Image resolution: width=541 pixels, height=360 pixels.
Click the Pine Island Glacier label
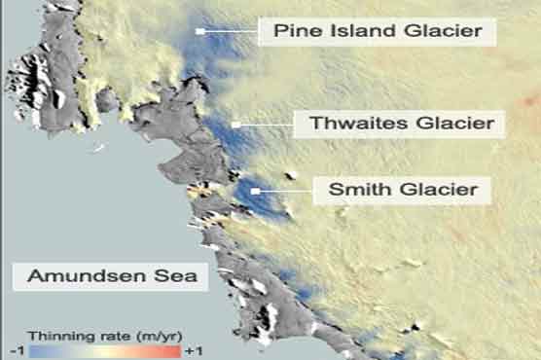pos(378,32)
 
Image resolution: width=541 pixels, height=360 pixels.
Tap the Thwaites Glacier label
pos(403,125)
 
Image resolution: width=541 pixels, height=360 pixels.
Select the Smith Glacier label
pos(403,190)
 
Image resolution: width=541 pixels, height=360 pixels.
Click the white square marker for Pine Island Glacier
pos(199,32)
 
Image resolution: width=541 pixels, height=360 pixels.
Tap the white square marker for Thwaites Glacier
pos(235,125)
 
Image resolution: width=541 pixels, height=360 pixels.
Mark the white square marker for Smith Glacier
pos(255,191)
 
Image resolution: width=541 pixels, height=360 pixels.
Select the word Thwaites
pos(351,125)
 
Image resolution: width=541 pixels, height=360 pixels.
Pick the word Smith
pos(354,190)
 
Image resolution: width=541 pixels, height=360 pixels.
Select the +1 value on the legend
pos(193,349)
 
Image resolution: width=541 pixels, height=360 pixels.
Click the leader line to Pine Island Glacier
pos(230,32)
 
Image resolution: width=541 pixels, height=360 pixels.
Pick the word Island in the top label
pos(360,32)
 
